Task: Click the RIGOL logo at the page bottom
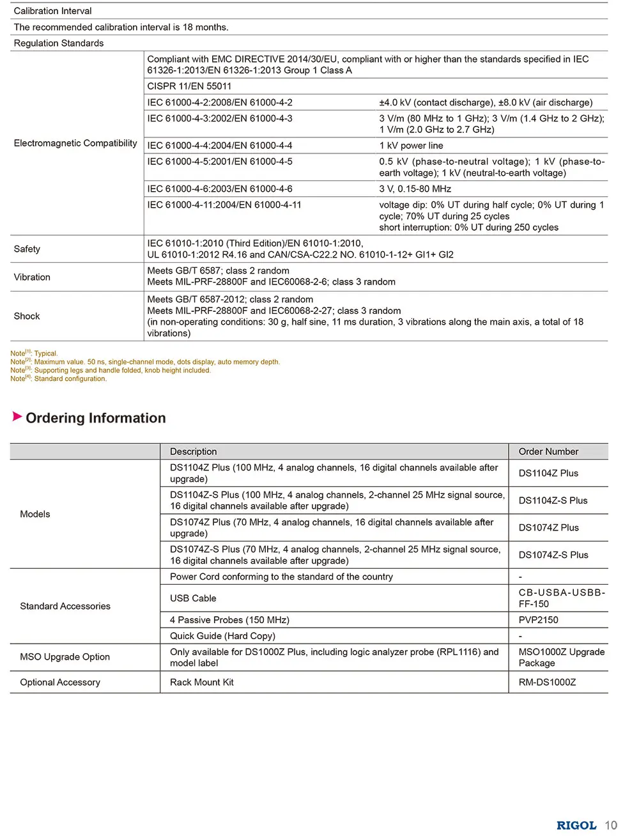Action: pos(576,825)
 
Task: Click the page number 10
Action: pos(611,825)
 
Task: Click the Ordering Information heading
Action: pos(95,418)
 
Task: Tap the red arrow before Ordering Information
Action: pos(17,417)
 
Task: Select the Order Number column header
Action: pos(548,451)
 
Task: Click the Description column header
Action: pos(193,451)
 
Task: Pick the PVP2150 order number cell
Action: pos(538,620)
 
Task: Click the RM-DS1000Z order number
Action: pos(547,682)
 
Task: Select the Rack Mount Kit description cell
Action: pos(201,682)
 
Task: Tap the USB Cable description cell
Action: pos(193,598)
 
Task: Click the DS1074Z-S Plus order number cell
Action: pos(553,555)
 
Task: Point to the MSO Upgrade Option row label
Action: pos(65,657)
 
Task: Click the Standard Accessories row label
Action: pos(65,606)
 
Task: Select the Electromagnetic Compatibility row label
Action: pos(75,143)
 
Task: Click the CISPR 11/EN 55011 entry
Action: pos(189,86)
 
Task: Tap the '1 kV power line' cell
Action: pos(411,146)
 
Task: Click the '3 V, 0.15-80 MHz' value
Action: pos(415,189)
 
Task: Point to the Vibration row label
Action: pos(32,277)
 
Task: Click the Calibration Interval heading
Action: pos(52,11)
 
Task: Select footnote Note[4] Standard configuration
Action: pos(59,379)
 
